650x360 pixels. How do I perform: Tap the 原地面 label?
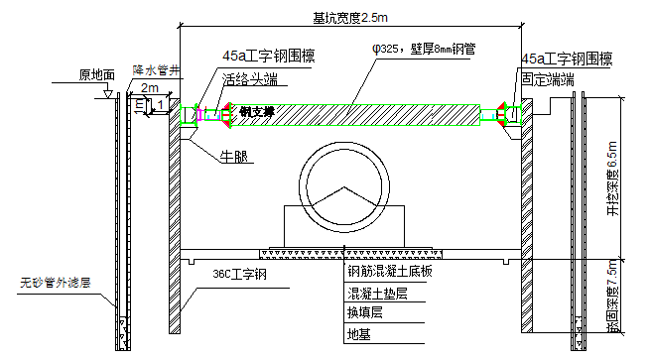click(x=96, y=74)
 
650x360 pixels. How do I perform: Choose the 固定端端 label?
click(x=547, y=78)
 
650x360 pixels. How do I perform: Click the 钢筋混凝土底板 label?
click(x=392, y=270)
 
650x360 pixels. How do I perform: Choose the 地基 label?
click(x=356, y=335)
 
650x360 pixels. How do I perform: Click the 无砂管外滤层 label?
click(x=56, y=283)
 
